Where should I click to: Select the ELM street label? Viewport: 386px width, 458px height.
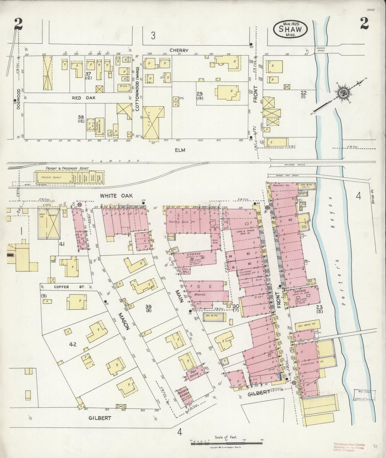[180, 150]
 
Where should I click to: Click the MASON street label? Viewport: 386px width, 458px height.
[124, 321]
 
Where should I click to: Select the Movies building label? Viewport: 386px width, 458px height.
[200, 294]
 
